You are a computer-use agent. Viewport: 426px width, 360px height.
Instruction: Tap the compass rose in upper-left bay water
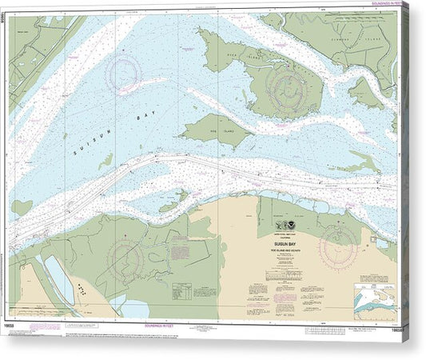(125, 73)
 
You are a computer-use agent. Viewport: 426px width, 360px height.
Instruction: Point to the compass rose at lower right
(338, 246)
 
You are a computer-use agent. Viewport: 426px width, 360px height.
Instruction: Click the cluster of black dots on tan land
(82, 290)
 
